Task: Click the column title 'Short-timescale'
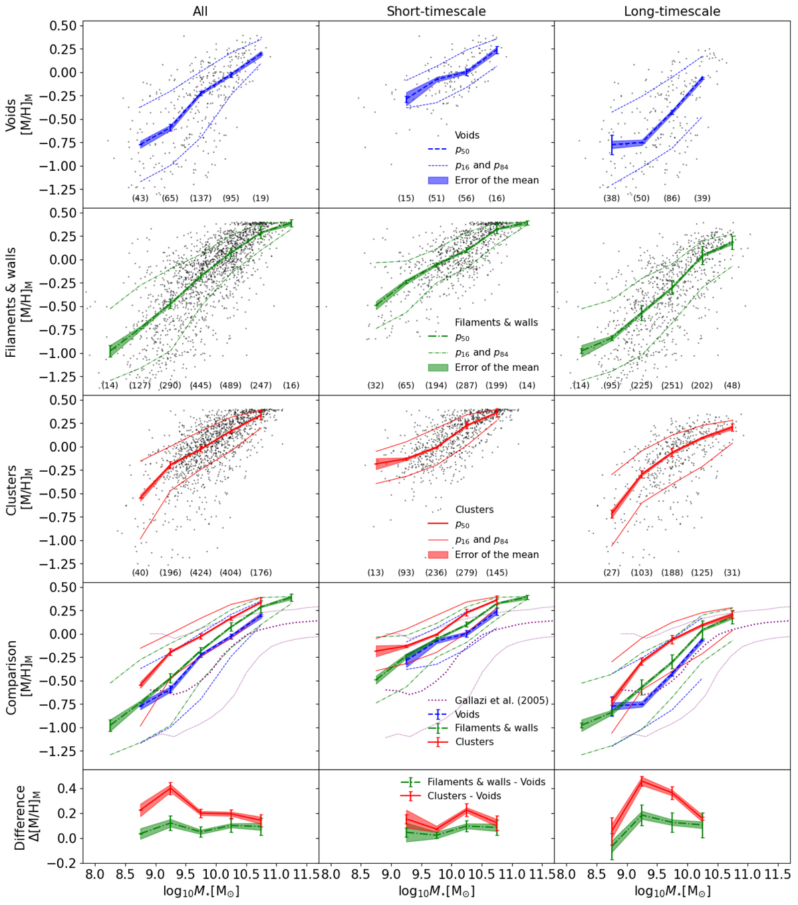click(x=436, y=11)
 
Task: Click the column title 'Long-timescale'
click(x=672, y=11)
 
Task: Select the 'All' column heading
click(x=201, y=11)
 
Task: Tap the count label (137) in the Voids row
click(x=201, y=198)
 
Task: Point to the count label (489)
click(x=231, y=385)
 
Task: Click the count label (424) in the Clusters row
click(x=201, y=573)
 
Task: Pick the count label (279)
click(x=466, y=573)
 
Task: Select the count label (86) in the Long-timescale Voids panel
click(x=672, y=198)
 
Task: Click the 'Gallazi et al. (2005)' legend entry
click(x=501, y=700)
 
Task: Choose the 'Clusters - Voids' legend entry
click(x=473, y=796)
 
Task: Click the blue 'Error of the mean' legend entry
click(x=497, y=180)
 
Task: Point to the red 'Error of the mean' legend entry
click(x=497, y=555)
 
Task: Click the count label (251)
click(x=672, y=385)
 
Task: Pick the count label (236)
click(x=436, y=573)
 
